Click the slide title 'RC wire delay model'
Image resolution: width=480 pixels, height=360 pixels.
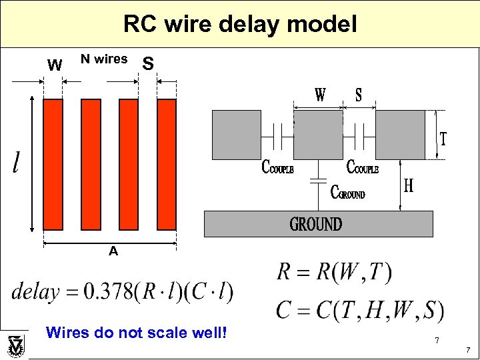tap(240, 25)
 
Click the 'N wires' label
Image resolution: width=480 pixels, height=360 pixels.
tap(104, 59)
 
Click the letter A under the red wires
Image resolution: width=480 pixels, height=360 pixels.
tap(113, 251)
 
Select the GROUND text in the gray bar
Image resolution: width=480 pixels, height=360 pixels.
tap(315, 224)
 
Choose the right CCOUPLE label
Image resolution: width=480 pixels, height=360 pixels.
tap(362, 167)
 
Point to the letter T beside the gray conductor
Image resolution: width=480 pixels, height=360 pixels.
tap(443, 139)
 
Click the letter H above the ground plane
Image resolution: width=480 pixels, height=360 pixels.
tap(408, 185)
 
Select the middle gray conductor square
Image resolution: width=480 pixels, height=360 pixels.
tap(317, 135)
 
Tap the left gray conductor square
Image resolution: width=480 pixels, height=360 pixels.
tap(236, 135)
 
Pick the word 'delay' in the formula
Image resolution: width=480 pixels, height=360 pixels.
tap(35, 291)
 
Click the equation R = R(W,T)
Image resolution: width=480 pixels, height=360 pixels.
tap(334, 272)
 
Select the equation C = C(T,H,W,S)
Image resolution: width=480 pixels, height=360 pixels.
tap(359, 310)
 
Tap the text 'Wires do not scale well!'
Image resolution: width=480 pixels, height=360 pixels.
tap(137, 331)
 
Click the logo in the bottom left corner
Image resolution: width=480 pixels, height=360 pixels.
tap(15, 346)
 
